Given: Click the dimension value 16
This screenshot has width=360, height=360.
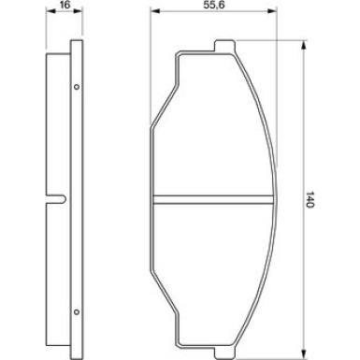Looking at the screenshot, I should pos(64,7).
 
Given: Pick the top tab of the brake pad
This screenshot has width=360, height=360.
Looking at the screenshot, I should pos(223,46).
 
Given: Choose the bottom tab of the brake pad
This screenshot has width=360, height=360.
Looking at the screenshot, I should pos(223,351).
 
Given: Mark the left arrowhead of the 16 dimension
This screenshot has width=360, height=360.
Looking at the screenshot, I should pos(48,17).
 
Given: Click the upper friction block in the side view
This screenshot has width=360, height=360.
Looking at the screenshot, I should pos(53,122).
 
